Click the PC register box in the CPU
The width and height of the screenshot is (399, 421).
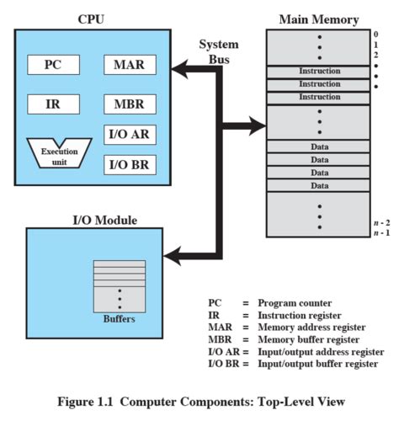[x=52, y=65]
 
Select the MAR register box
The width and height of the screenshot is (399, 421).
[x=129, y=65]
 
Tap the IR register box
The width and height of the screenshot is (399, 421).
[x=52, y=105]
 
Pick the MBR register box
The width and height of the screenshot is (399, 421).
[x=129, y=105]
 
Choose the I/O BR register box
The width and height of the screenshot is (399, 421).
[x=129, y=163]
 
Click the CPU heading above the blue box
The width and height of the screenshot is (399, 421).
[x=94, y=17]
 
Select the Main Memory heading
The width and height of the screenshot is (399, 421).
[x=318, y=19]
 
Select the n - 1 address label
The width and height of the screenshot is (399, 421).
[x=380, y=233]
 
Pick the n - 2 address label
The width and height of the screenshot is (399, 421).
[x=380, y=222]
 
